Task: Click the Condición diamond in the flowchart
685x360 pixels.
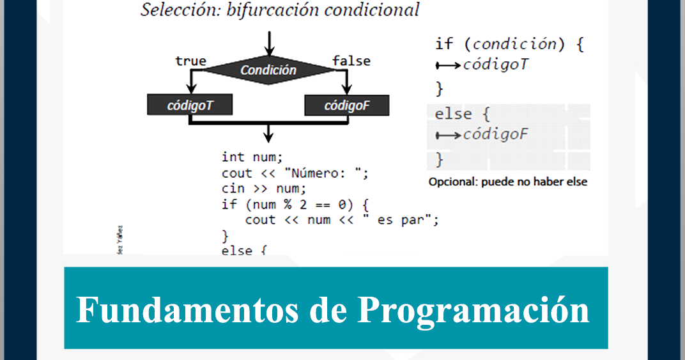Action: pyautogui.click(x=268, y=70)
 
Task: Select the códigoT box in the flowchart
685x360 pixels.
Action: pyautogui.click(x=190, y=106)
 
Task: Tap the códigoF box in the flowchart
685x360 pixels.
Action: pyautogui.click(x=346, y=106)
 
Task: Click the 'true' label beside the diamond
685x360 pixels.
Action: pyautogui.click(x=190, y=61)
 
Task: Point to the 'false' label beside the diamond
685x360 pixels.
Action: pyautogui.click(x=351, y=61)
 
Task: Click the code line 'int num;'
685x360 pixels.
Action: pyautogui.click(x=252, y=157)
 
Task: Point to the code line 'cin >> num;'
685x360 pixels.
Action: pyautogui.click(x=264, y=189)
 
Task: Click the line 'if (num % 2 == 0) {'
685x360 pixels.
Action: pyautogui.click(x=296, y=205)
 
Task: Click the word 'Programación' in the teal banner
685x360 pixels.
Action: pyautogui.click(x=473, y=309)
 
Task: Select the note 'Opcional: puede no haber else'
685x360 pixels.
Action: pyautogui.click(x=507, y=182)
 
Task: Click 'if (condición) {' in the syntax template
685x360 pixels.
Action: pyautogui.click(x=509, y=44)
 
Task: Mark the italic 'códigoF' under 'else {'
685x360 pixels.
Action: pyautogui.click(x=495, y=134)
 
